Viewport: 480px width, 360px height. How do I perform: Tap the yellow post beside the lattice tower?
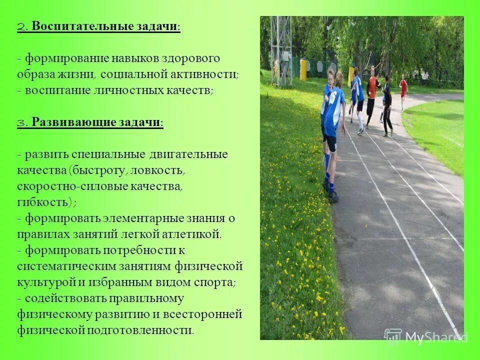coord(302,69)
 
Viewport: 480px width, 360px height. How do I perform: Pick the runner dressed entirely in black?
coord(386,105)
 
